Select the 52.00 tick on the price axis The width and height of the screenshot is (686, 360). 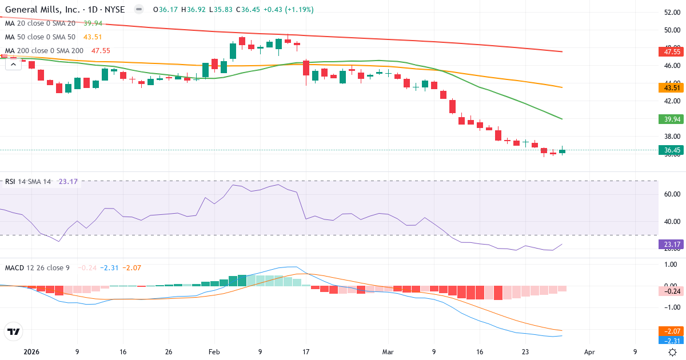[672, 12]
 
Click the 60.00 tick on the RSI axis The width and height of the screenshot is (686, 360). [672, 194]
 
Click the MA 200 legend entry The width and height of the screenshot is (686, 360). [44, 51]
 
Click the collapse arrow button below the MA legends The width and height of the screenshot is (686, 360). [13, 64]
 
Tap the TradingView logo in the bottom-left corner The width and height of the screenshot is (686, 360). [13, 331]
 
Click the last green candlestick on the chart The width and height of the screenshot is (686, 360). [563, 151]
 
